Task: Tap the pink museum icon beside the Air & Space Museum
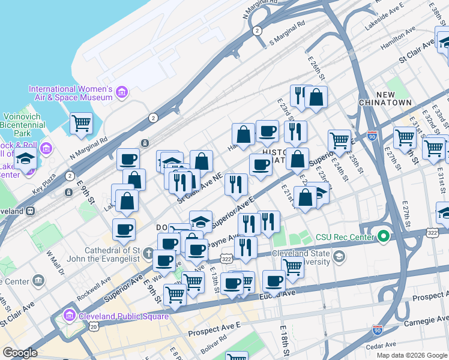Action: (122, 92)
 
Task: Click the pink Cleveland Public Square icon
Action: (70, 315)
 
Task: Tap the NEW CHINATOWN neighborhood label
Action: (394, 99)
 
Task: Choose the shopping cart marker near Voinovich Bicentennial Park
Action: (81, 124)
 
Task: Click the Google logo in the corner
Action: (20, 353)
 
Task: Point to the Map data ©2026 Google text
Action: (411, 355)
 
